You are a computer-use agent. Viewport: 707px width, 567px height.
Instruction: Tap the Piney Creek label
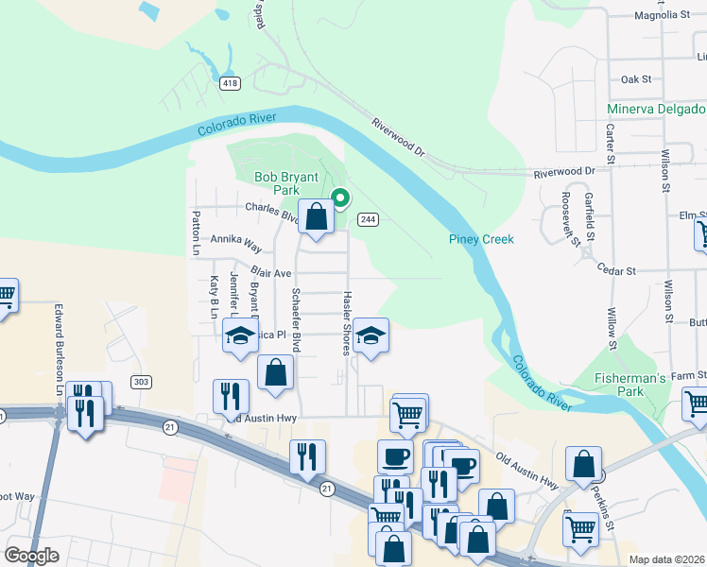(481, 239)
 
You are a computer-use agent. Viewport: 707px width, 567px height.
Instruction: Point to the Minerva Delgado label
(656, 109)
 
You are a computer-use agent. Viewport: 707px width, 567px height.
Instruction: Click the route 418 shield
(231, 83)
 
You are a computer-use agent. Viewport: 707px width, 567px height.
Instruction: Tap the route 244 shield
(368, 219)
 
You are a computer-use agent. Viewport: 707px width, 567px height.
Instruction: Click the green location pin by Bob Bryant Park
(339, 198)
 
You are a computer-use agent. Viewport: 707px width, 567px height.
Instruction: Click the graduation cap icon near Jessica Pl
(240, 335)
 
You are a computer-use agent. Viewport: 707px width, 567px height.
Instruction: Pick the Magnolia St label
(663, 15)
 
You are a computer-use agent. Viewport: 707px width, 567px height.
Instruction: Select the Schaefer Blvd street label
(296, 320)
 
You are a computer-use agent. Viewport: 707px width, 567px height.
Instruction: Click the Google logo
(32, 556)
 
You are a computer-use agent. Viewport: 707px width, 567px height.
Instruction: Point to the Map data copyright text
(666, 559)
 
